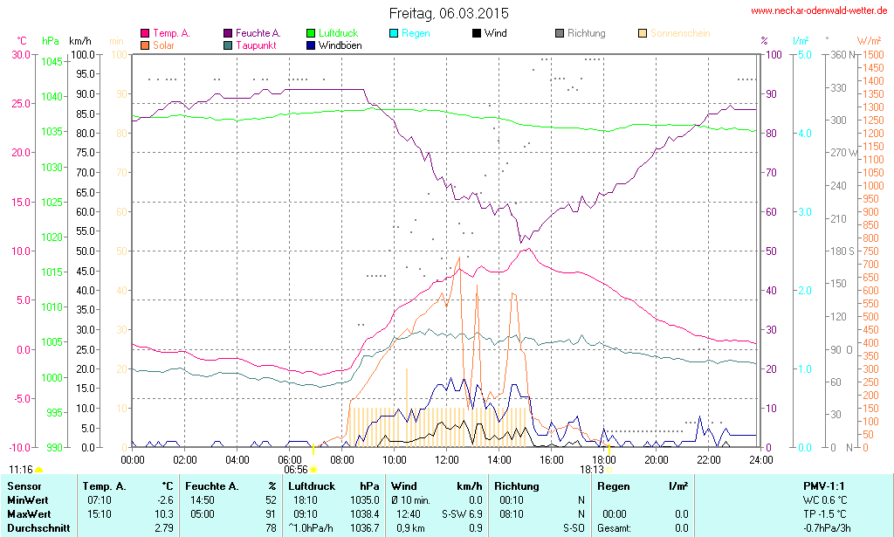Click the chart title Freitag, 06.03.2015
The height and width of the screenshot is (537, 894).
pos(448,14)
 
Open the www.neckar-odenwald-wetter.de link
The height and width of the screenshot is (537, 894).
pos(819,11)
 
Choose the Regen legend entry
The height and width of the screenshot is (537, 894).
pos(415,33)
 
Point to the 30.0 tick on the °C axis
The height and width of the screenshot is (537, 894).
pos(19,54)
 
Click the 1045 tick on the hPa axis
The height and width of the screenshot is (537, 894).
pos(52,61)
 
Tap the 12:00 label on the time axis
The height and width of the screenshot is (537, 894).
pos(447,459)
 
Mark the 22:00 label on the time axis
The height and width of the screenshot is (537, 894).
pos(709,459)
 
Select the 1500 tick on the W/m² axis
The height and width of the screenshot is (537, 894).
pos(871,54)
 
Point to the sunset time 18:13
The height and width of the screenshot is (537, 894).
pos(591,469)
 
